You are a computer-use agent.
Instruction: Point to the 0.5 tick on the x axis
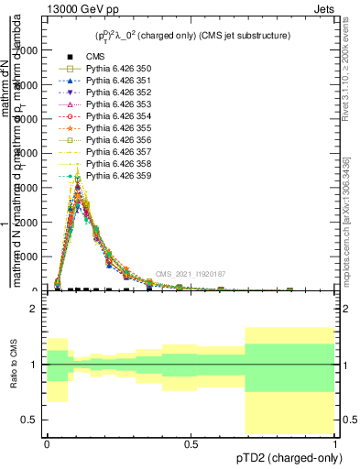[191, 443]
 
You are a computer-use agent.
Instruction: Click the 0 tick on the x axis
[47, 443]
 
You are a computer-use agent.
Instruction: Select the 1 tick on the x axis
[334, 443]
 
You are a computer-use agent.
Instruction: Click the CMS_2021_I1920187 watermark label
[191, 273]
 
